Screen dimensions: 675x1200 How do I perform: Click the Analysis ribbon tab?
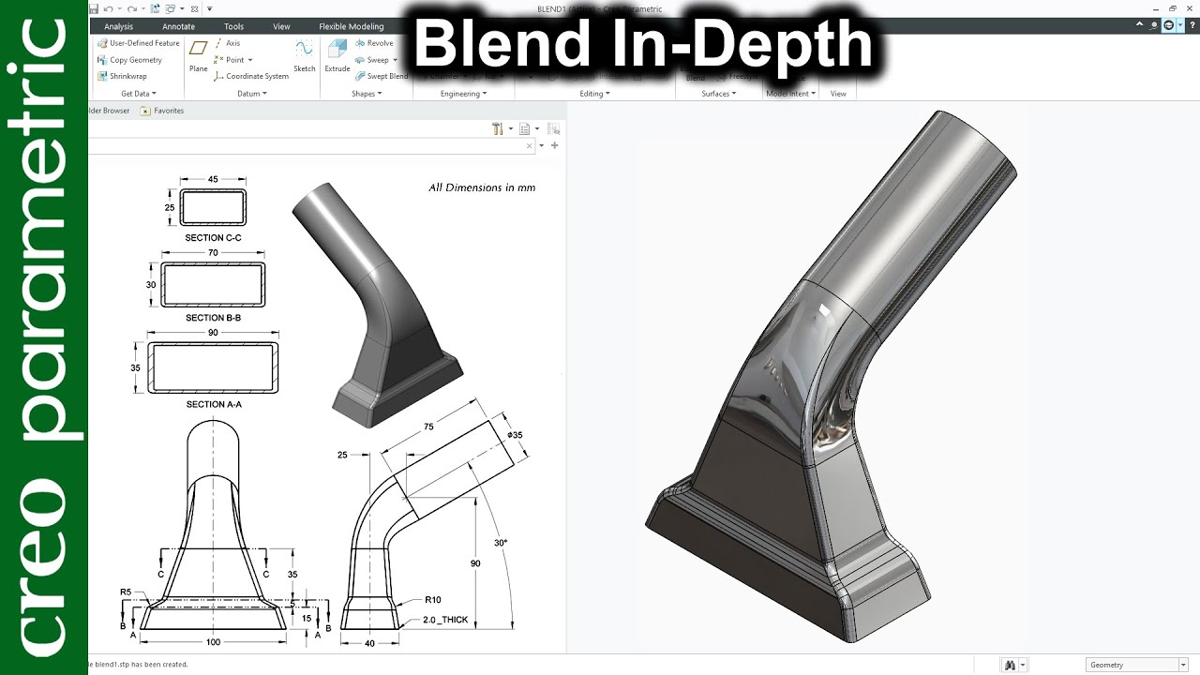coord(118,26)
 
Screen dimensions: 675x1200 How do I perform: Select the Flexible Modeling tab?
coord(351,26)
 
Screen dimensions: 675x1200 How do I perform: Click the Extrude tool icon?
coord(337,56)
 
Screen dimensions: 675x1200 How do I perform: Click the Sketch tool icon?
coord(304,55)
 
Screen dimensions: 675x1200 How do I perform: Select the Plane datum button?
coord(198,55)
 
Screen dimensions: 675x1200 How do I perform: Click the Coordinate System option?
coord(256,76)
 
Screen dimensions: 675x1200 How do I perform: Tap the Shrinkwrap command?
coord(127,76)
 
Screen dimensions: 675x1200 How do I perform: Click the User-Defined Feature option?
coord(143,43)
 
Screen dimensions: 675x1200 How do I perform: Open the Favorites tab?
coord(168,111)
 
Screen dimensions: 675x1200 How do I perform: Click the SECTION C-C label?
coord(213,238)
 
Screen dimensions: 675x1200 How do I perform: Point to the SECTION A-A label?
coord(213,404)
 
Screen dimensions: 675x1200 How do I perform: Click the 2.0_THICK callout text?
coord(445,620)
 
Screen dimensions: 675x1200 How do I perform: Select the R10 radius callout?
coord(432,599)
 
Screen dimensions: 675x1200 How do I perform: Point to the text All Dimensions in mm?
coord(482,187)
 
